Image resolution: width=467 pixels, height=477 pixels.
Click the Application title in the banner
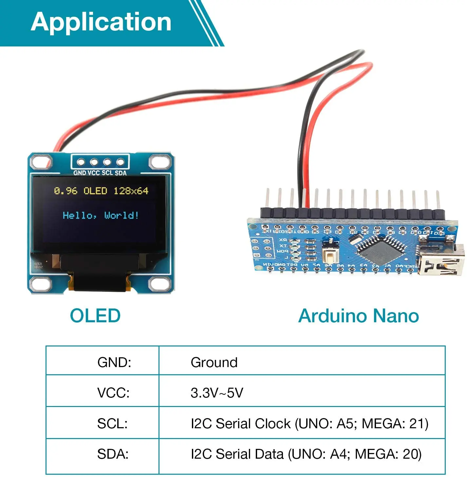coord(101,22)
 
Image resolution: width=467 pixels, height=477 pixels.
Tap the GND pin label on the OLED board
coord(80,173)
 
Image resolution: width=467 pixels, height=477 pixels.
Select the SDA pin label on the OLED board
coord(121,173)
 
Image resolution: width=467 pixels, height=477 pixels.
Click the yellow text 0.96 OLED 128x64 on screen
coord(101,191)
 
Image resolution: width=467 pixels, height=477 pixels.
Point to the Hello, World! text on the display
coord(101,215)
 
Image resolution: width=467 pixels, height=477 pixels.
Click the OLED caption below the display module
coord(95,316)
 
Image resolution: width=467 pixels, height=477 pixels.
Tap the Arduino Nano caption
coord(359,316)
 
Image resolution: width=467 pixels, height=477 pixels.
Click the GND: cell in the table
coord(114,362)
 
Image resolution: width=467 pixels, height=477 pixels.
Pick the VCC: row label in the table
coord(113,393)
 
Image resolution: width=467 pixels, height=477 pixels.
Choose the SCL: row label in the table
coord(112,424)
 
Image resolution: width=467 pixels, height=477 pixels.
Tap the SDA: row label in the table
coord(113,454)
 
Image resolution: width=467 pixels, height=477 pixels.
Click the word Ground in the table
coord(214,362)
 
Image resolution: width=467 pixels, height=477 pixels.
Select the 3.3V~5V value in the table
coord(217,393)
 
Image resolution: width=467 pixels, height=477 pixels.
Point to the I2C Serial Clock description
coord(309,424)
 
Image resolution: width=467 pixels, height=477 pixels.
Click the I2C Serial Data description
coord(306,454)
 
